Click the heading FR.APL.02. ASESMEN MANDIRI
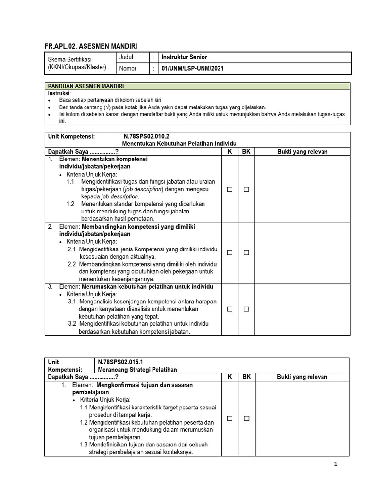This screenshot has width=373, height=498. [x=91, y=46]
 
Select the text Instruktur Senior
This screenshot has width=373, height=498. [x=184, y=57]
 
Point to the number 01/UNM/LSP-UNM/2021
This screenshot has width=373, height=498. [x=193, y=69]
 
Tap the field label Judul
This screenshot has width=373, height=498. [x=126, y=57]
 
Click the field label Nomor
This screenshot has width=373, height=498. [x=128, y=69]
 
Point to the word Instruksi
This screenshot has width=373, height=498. [x=59, y=93]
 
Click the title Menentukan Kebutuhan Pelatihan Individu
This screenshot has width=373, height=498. [x=179, y=144]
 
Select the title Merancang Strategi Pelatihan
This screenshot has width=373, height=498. [x=137, y=370]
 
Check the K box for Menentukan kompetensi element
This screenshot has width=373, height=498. [x=230, y=189]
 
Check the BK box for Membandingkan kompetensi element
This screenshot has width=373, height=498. [x=246, y=253]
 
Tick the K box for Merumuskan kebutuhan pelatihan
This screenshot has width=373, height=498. [x=230, y=309]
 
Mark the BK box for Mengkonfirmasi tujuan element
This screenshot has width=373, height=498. [x=246, y=418]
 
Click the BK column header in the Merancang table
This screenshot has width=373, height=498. [x=246, y=377]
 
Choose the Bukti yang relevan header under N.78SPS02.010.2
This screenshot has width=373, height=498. [x=302, y=152]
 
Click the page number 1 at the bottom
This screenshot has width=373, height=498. [x=335, y=464]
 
